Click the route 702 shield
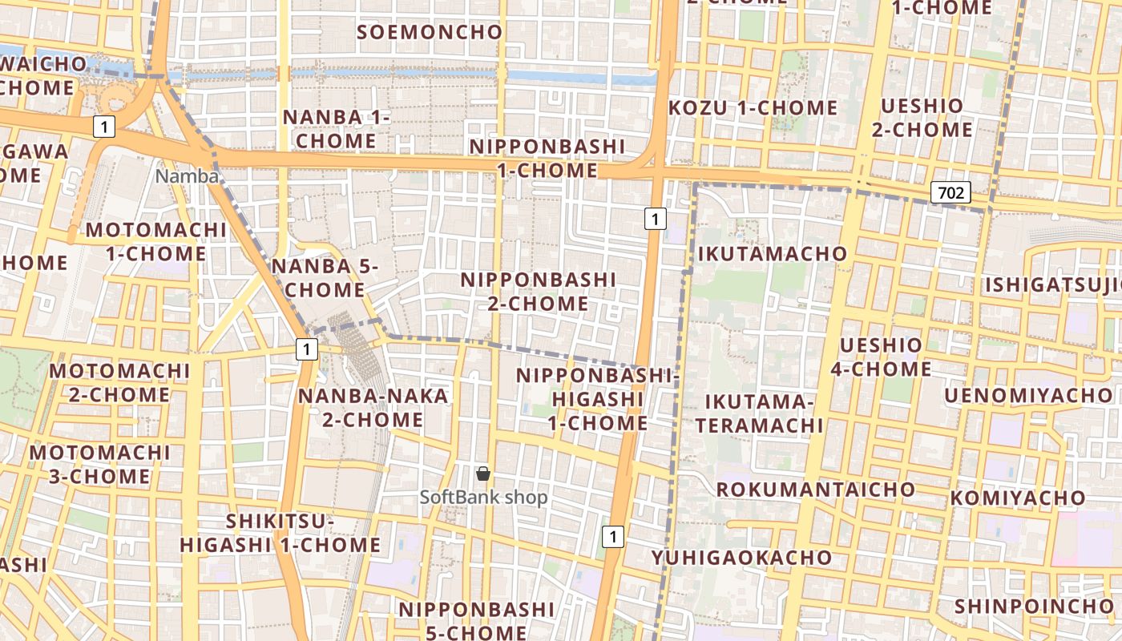click(x=951, y=192)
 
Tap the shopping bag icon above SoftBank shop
click(x=483, y=474)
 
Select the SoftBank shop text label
click(x=484, y=498)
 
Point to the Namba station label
click(x=187, y=176)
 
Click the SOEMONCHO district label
click(x=430, y=32)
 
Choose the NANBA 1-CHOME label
click(x=336, y=129)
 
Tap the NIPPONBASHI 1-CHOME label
click(x=547, y=159)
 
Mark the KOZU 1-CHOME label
click(x=753, y=108)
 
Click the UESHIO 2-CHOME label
click(x=922, y=118)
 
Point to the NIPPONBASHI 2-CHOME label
click(x=539, y=292)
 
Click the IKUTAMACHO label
click(x=773, y=254)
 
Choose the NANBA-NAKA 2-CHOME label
click(x=373, y=408)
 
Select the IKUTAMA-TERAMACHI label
click(x=759, y=413)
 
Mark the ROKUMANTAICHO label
click(x=815, y=490)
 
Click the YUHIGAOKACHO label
click(x=741, y=558)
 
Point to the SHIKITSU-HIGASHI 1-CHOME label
click(x=280, y=534)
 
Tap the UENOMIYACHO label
click(x=1028, y=396)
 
